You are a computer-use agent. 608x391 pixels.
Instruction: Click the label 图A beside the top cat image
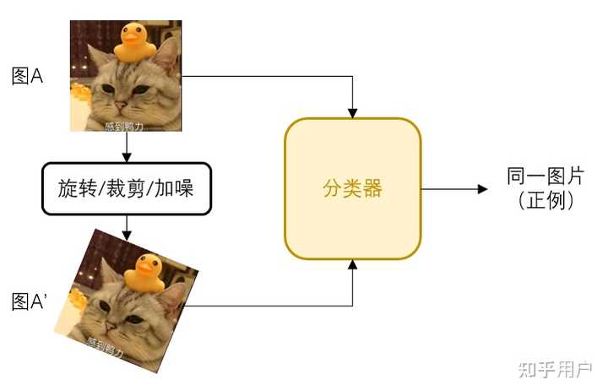pyautogui.click(x=27, y=77)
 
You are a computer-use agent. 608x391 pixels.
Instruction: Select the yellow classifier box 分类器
pyautogui.click(x=352, y=189)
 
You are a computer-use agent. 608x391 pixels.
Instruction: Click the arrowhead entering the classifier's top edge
pyautogui.click(x=353, y=112)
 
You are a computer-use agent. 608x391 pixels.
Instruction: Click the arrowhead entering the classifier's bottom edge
pyautogui.click(x=353, y=265)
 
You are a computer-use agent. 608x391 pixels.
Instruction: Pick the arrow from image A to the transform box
pyautogui.click(x=125, y=148)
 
